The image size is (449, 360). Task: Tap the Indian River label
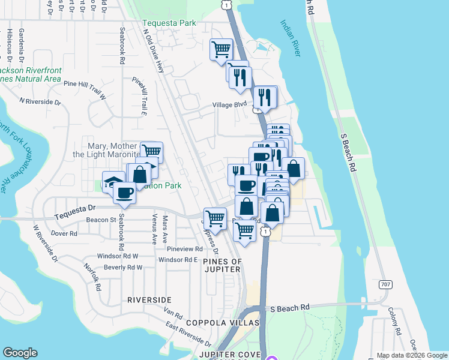coord(291,38)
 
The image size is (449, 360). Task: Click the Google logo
coord(20,353)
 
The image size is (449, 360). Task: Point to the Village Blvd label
coord(229,104)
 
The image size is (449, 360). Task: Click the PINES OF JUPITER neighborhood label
coord(222,265)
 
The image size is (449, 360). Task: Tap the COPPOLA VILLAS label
coord(222,323)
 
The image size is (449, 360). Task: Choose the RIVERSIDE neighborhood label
coord(149,299)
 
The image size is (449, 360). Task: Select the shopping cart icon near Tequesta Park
coord(221,49)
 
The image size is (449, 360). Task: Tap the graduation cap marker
coord(114,181)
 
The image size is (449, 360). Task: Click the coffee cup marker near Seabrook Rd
coord(124,193)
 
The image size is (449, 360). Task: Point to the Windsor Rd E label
coord(178,260)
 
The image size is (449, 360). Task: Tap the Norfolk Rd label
coord(90,277)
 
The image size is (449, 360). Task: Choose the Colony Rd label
coord(394,321)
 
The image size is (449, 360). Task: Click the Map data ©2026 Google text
coord(411,355)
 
